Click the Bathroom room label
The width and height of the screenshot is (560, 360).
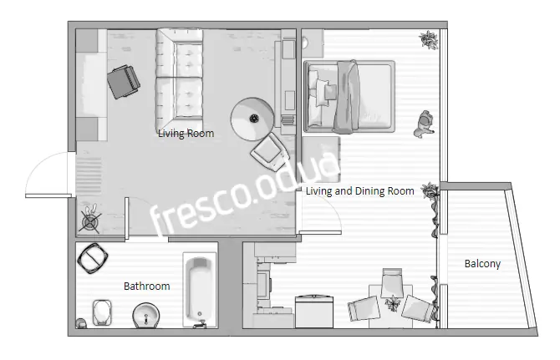click(147, 286)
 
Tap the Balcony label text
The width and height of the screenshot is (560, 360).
click(482, 264)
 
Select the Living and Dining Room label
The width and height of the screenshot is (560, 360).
click(359, 191)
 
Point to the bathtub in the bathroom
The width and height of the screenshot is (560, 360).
click(200, 290)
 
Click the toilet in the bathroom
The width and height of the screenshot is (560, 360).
click(102, 312)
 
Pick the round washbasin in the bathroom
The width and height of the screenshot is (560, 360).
click(145, 316)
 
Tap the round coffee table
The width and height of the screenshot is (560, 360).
click(252, 119)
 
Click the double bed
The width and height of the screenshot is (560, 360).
click(349, 96)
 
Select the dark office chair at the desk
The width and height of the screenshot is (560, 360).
click(124, 82)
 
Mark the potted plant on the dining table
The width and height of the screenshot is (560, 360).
click(393, 303)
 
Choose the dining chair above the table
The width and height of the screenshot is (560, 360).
click(392, 282)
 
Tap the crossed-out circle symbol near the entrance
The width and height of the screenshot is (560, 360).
click(89, 222)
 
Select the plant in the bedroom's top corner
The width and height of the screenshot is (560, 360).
click(429, 39)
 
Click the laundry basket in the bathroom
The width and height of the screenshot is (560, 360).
click(93, 258)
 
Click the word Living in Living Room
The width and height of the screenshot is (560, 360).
click(171, 134)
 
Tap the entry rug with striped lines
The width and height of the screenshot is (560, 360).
click(89, 172)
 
